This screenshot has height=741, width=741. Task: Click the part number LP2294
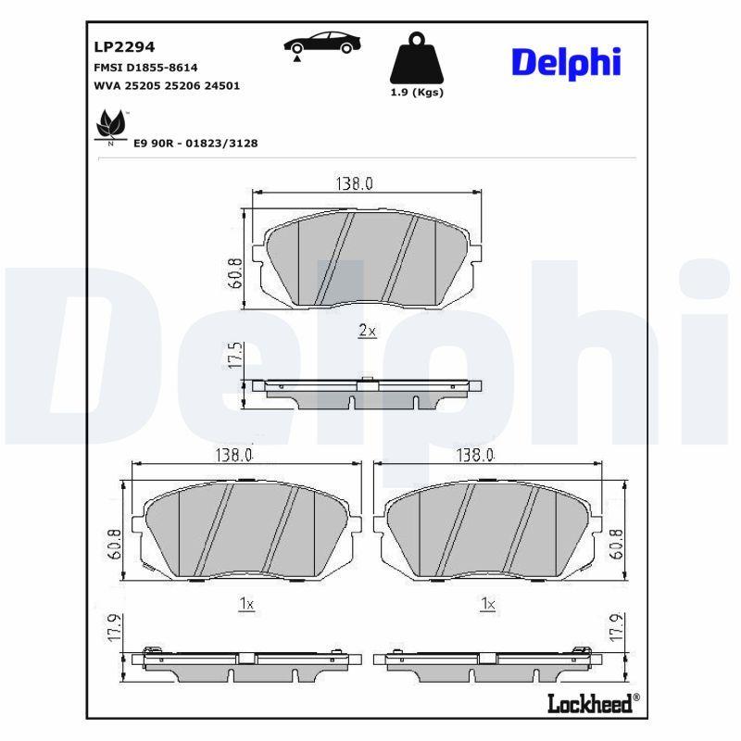(124, 47)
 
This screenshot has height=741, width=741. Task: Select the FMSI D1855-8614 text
(145, 68)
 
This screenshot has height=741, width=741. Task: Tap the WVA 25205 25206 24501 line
(167, 86)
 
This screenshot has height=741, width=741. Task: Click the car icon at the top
(322, 44)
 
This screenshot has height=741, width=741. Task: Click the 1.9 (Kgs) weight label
(417, 92)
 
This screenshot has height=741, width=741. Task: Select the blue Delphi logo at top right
(566, 63)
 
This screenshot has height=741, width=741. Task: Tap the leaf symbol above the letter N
(111, 125)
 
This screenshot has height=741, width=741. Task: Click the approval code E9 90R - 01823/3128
(195, 144)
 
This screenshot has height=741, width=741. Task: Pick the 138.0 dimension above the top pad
(355, 183)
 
